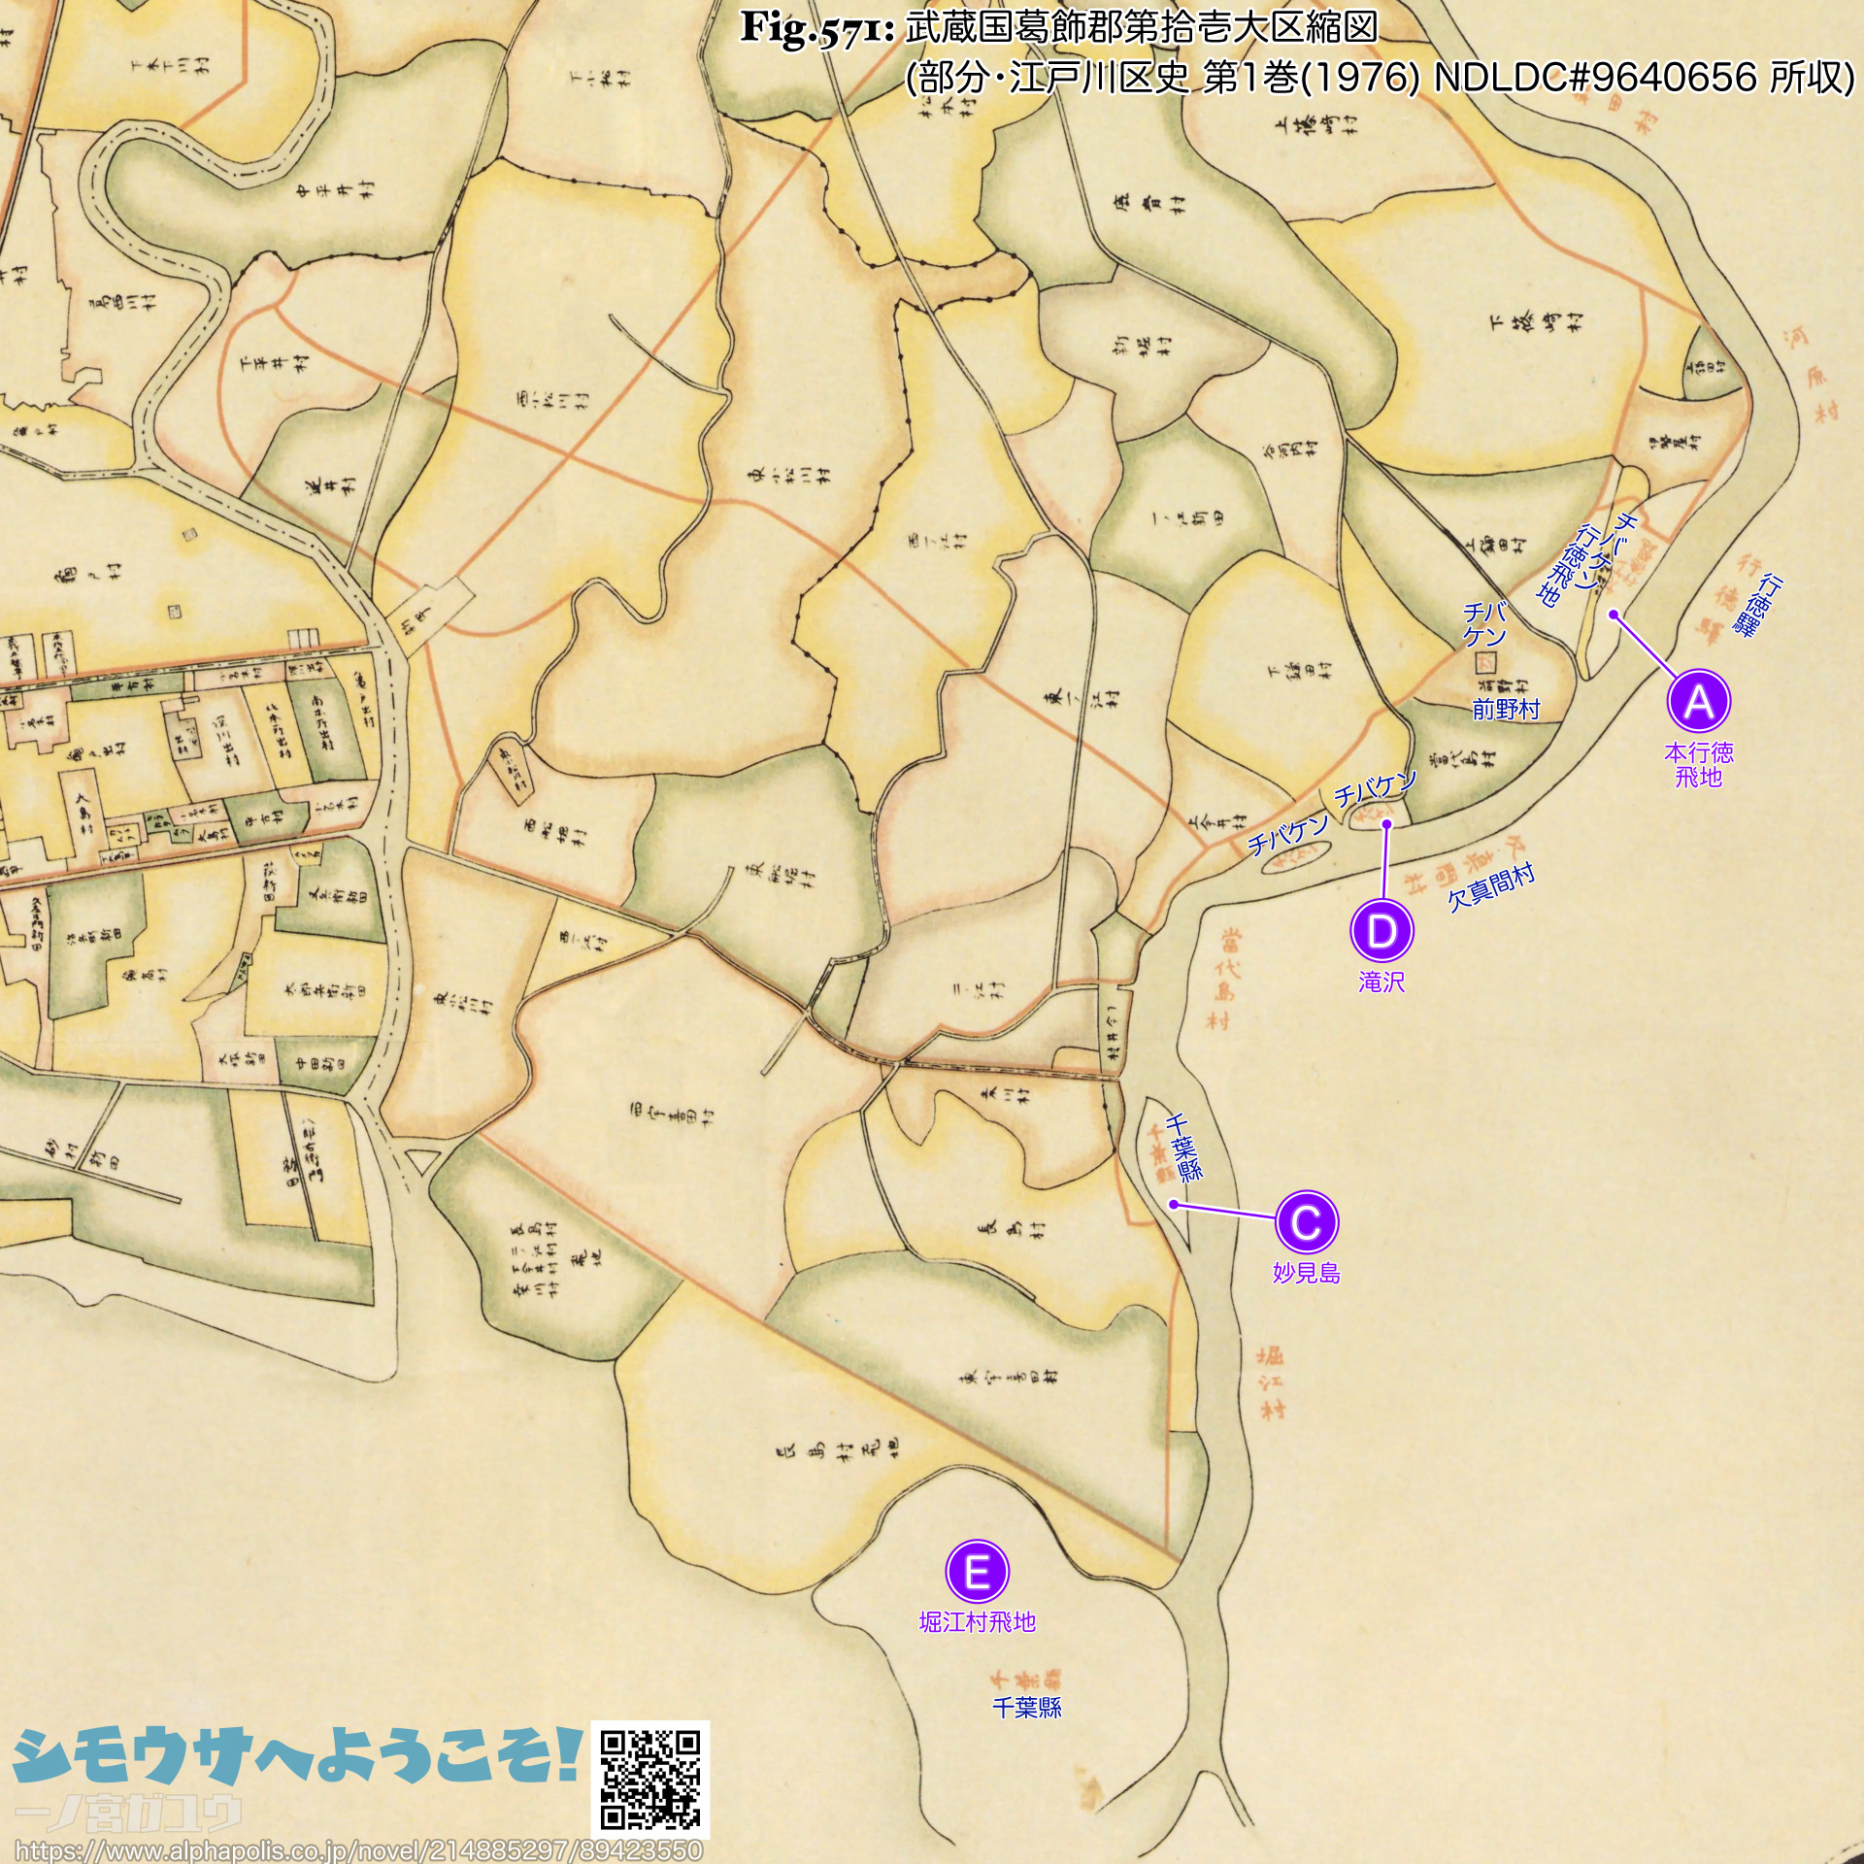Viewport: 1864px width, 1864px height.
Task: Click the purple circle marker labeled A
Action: point(1698,701)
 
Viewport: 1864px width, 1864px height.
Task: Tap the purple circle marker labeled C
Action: point(1306,1222)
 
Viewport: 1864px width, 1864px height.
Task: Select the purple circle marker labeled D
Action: point(1381,931)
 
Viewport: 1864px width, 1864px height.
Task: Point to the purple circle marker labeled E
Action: point(978,1571)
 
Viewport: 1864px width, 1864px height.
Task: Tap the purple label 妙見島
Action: point(1306,1273)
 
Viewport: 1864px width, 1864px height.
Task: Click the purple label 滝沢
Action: point(1381,982)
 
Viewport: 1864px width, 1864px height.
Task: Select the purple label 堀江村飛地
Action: point(978,1621)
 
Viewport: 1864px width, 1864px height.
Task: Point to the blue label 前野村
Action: point(1506,710)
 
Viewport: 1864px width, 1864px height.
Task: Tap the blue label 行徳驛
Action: point(1757,606)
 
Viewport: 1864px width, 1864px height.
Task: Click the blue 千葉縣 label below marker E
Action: point(1026,1708)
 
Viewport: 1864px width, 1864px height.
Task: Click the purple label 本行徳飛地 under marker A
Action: point(1698,765)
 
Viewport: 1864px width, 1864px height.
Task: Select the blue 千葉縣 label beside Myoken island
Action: point(1184,1147)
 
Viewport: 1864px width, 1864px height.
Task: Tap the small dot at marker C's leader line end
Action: point(1174,1205)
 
